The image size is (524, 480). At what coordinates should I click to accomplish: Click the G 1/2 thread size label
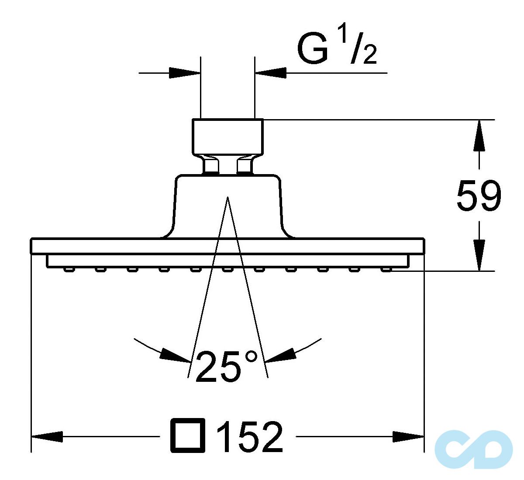pos(336,49)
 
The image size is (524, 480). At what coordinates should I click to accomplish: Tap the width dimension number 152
pos(250,436)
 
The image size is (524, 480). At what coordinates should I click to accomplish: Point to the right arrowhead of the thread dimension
pos(271,73)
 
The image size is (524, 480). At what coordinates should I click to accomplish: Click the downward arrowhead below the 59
pos(479,255)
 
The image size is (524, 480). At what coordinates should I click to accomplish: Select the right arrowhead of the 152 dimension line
pos(408,436)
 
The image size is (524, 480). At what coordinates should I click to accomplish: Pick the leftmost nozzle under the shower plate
pos(68,269)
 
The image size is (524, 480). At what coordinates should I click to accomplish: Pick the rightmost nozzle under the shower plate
pos(386,269)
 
